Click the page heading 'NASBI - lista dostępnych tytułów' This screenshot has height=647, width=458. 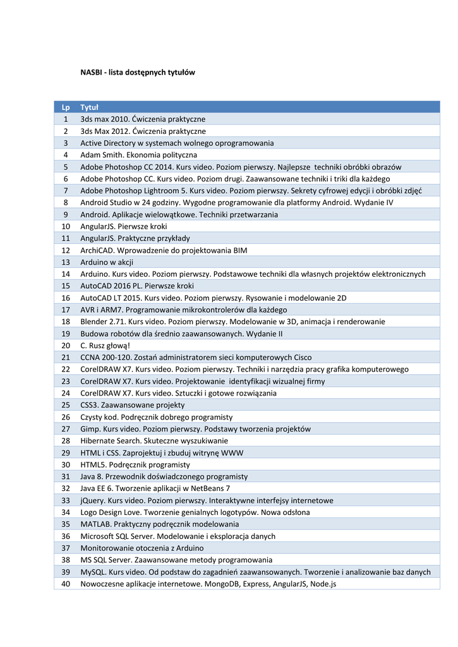(x=138, y=73)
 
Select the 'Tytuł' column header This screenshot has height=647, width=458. (x=89, y=107)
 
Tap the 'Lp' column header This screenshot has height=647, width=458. (x=66, y=107)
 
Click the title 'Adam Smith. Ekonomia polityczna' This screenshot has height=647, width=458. (x=138, y=155)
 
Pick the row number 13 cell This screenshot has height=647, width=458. (x=66, y=262)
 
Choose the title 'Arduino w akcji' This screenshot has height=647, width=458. (x=107, y=262)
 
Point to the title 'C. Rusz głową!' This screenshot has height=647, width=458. (x=105, y=346)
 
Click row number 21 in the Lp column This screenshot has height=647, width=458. (x=66, y=358)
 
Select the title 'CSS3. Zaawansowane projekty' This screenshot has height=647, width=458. (x=132, y=405)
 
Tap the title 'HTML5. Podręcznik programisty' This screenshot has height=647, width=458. (x=135, y=464)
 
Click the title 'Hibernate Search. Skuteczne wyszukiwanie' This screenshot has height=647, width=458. (x=154, y=441)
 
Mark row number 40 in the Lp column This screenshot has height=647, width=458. (x=66, y=584)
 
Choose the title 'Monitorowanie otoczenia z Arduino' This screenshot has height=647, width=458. (x=142, y=548)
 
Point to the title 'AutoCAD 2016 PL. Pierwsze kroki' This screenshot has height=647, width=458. (x=137, y=286)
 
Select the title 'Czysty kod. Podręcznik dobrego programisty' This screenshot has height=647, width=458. (x=156, y=417)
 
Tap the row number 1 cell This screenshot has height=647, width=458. (x=66, y=119)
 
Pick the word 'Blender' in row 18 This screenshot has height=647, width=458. (x=93, y=322)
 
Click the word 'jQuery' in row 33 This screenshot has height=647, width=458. (x=92, y=500)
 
